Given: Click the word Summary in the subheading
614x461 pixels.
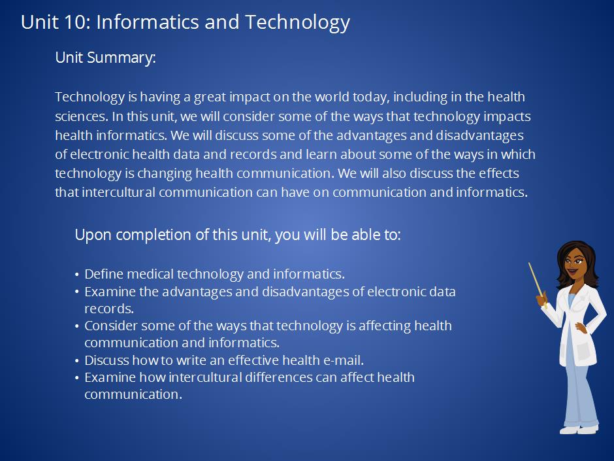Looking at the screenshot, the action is point(121,58).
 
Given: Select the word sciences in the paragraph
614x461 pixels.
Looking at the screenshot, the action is point(80,116).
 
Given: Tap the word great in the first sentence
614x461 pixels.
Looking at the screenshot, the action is point(210,97).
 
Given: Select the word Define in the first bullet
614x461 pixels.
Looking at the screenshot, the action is point(104,273).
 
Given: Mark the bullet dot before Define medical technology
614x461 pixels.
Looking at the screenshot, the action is point(77,275).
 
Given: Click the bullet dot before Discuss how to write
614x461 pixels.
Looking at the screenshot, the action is point(77,361).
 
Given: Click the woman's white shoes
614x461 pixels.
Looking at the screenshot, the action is point(579,430).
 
